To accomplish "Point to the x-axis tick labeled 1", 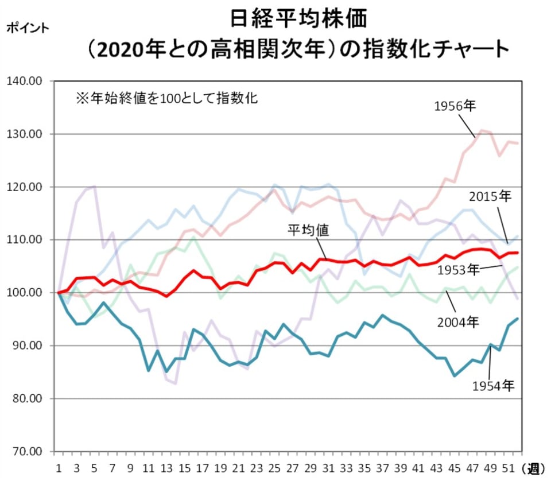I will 59,468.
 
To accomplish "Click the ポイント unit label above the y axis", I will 28,28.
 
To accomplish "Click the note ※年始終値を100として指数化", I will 166,98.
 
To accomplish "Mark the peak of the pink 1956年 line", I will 482,130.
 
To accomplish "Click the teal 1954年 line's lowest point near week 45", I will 455,375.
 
